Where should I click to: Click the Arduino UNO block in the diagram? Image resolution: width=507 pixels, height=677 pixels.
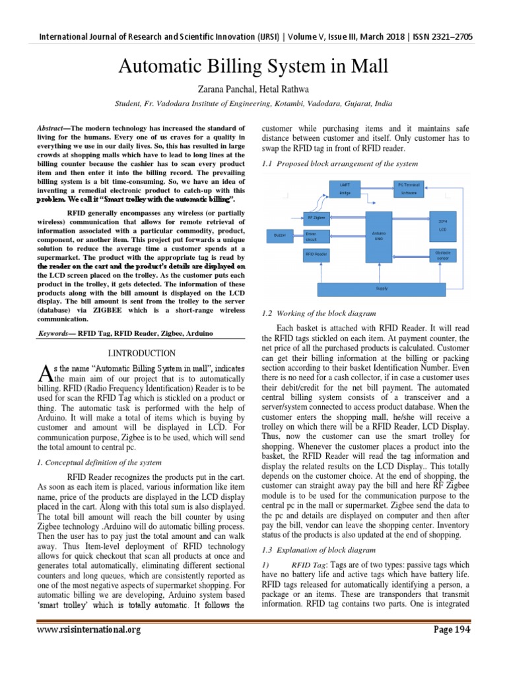tap(374, 235)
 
